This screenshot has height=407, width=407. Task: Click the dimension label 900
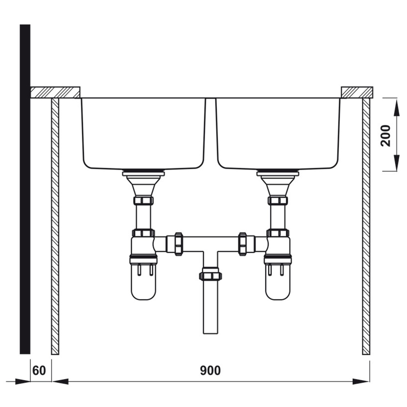210,370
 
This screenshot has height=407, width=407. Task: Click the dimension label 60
39,370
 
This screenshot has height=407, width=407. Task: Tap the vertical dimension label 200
386,136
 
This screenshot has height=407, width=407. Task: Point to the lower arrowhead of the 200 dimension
396,163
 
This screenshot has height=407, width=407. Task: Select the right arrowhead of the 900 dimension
361,381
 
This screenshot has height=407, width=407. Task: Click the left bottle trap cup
144,282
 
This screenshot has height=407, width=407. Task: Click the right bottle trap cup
278,282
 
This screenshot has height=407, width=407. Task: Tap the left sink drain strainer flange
143,173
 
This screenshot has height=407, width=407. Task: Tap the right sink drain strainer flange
278,173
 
